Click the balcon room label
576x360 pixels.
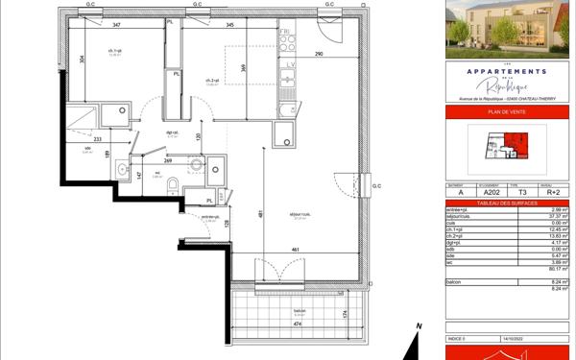299,311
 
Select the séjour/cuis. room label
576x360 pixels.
300,216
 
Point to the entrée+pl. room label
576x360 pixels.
207,217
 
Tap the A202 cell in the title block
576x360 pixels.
492,191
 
